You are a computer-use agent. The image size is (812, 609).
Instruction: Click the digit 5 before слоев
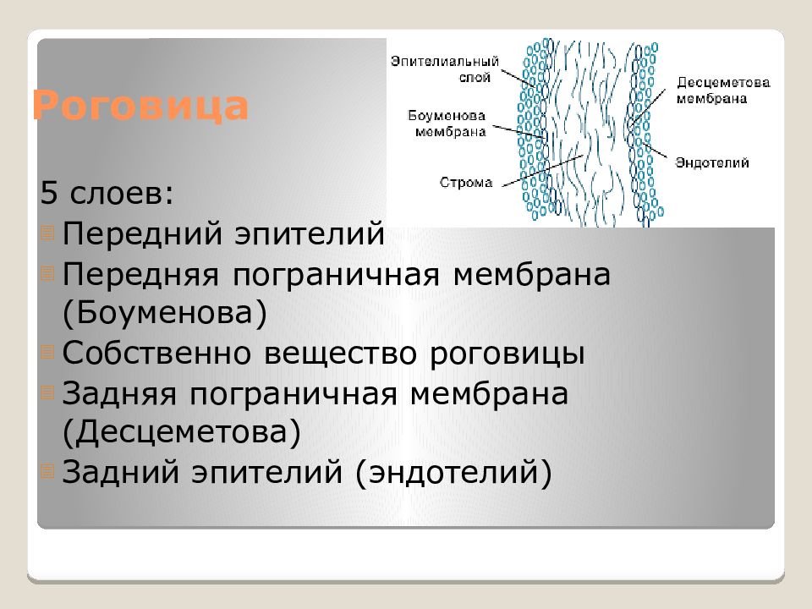[48, 193]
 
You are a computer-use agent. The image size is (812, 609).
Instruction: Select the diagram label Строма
[465, 183]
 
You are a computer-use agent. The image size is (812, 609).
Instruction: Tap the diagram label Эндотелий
[712, 162]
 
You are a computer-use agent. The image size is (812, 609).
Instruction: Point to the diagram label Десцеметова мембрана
[723, 91]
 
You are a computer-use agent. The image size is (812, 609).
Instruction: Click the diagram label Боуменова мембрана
[447, 123]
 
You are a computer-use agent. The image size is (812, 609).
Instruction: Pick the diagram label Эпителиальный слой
[445, 69]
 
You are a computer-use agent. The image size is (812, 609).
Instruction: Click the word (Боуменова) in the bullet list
[165, 313]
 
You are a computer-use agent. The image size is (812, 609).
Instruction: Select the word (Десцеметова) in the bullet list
[181, 432]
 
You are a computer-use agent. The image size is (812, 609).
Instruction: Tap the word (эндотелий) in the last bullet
[453, 472]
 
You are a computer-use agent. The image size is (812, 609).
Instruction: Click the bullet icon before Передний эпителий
[47, 233]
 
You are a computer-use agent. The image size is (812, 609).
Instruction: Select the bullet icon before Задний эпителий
[47, 471]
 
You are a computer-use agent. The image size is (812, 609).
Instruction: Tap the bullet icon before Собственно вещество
[47, 352]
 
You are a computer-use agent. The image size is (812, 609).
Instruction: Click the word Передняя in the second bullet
[140, 275]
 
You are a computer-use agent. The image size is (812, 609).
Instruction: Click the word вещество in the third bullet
[340, 354]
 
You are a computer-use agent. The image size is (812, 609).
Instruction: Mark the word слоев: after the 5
[122, 194]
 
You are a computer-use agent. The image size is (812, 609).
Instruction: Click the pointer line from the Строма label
[543, 170]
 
